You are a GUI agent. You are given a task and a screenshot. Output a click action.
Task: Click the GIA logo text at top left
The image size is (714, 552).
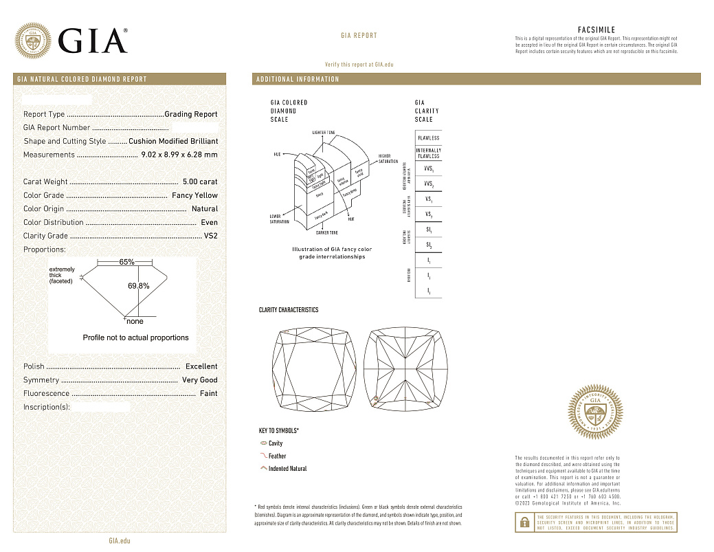(x=93, y=41)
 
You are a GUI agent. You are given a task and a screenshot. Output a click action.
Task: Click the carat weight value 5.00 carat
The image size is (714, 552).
(x=200, y=181)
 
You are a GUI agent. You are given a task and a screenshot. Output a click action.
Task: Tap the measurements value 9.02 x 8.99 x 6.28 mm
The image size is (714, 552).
(x=179, y=155)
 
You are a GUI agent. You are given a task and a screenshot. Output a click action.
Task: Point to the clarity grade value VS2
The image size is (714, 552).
(x=210, y=236)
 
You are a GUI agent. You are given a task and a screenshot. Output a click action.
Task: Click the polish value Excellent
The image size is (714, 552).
(x=201, y=366)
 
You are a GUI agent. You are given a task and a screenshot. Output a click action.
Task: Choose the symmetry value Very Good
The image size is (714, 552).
(x=199, y=380)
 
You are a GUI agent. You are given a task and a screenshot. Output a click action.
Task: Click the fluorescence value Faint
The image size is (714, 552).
(x=208, y=393)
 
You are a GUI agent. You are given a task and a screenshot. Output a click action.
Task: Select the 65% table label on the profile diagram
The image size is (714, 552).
(x=126, y=263)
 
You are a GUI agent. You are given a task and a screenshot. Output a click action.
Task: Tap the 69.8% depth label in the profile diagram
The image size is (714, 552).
(x=139, y=285)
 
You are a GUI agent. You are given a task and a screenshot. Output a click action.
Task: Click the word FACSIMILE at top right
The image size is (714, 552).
(x=596, y=30)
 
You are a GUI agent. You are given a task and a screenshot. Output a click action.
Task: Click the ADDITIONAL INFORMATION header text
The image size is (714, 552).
(x=298, y=79)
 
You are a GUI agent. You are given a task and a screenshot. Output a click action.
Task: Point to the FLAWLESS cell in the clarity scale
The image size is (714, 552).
(x=428, y=137)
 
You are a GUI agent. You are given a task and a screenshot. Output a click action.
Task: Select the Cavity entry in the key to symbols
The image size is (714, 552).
(x=275, y=443)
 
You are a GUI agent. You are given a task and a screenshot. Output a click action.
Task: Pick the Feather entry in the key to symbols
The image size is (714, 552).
(x=277, y=456)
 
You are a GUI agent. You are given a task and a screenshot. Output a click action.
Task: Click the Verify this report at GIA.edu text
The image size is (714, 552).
(x=359, y=64)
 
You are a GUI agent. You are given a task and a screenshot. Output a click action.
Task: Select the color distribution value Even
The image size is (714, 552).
(x=209, y=222)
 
